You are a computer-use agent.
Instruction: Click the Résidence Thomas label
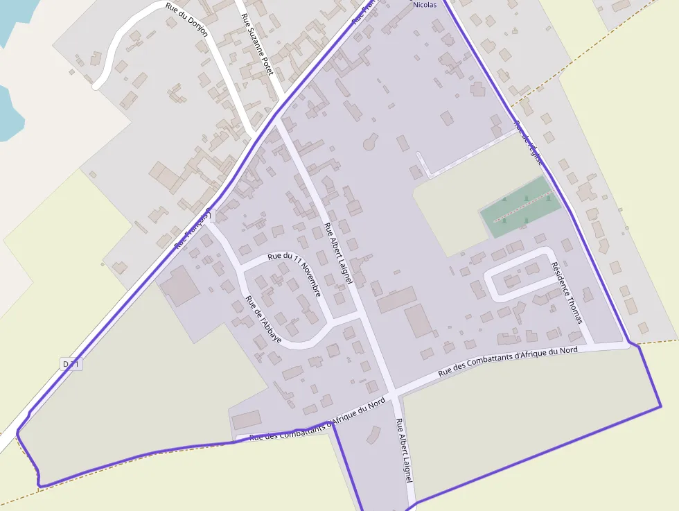566,292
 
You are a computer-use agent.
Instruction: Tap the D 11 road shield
71,364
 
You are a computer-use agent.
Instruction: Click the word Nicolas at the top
425,4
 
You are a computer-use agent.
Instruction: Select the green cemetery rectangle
520,206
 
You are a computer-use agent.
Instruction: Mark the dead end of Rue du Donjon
96,86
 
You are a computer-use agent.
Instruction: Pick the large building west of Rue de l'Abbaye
179,284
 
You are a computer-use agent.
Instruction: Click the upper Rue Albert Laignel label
338,252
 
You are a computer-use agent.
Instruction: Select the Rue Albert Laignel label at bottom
404,450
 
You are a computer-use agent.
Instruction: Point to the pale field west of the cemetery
450,208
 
